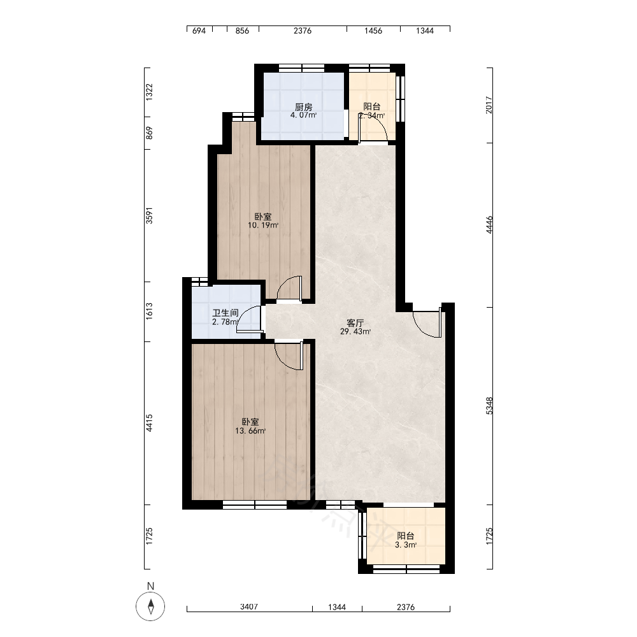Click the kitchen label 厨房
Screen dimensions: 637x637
click(x=303, y=107)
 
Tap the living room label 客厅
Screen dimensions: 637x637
click(x=355, y=323)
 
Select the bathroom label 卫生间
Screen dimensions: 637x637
click(x=225, y=313)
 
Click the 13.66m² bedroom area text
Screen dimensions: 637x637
click(x=250, y=431)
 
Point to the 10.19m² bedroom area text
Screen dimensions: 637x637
click(x=263, y=225)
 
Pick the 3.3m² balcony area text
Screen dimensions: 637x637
click(x=406, y=545)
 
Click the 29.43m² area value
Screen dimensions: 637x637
click(x=355, y=331)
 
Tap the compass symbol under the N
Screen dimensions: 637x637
click(x=151, y=606)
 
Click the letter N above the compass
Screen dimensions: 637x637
click(x=151, y=586)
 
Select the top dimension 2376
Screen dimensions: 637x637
click(x=303, y=31)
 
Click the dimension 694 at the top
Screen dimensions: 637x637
click(x=199, y=31)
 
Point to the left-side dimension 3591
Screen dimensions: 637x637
click(x=150, y=215)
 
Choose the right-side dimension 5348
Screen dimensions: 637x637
click(x=489, y=406)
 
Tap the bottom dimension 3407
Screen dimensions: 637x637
click(x=249, y=606)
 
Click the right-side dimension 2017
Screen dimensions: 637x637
click(x=489, y=105)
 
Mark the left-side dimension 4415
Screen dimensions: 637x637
click(x=150, y=423)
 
